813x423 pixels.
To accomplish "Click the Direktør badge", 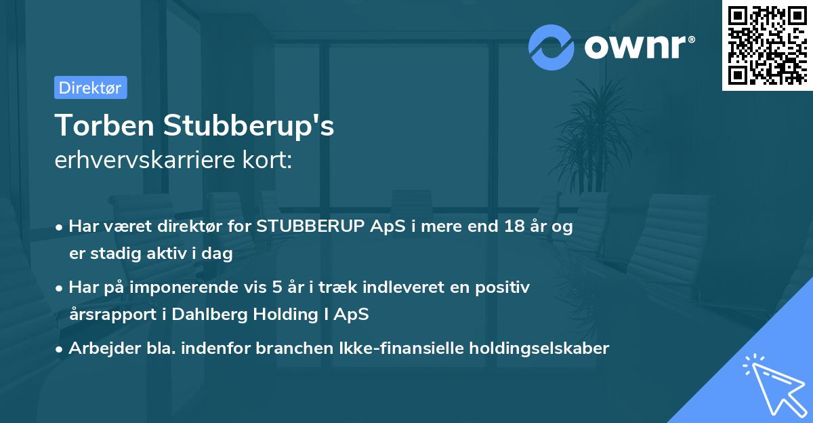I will coord(90,87).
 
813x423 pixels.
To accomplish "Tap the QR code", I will coord(767,45).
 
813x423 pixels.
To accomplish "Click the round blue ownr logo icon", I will coord(552,47).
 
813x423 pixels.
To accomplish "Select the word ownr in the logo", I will coord(639,47).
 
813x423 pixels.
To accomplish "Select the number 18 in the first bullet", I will coord(510,226).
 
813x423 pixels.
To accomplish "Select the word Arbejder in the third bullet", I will coord(98,348).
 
